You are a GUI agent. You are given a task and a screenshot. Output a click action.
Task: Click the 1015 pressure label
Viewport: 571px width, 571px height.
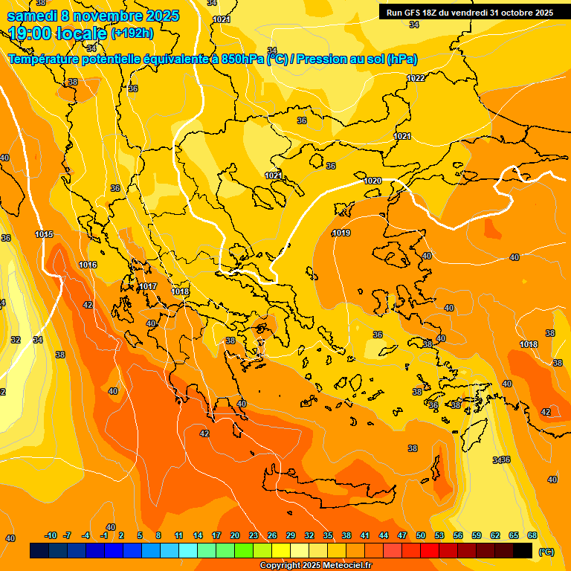[x=44, y=235]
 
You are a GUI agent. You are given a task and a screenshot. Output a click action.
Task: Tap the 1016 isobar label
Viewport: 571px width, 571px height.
[x=88, y=265]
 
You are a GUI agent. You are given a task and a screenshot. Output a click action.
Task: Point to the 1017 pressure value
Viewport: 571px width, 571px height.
[x=148, y=286]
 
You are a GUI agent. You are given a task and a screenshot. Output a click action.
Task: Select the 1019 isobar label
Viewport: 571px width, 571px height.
[x=341, y=233]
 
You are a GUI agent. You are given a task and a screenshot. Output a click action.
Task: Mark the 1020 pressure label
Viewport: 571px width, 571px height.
[x=372, y=181]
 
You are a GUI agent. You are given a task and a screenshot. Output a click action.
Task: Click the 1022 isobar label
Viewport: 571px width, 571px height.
[x=416, y=78]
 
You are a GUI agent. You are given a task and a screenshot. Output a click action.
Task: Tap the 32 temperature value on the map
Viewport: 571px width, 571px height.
[x=16, y=340]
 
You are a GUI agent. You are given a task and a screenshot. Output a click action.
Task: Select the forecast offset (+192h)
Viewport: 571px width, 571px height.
[x=132, y=33]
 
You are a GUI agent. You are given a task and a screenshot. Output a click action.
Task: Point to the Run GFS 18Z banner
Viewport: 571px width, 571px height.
[x=469, y=13]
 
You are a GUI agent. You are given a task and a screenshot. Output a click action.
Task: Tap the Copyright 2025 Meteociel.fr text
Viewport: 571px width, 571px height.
[x=315, y=566]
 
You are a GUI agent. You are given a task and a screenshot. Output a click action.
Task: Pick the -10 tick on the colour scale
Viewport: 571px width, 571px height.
[x=51, y=535]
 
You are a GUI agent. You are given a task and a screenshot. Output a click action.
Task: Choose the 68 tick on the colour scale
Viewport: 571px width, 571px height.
[x=532, y=535]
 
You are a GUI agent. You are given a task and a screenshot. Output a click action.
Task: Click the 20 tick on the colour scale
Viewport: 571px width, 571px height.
[x=235, y=535]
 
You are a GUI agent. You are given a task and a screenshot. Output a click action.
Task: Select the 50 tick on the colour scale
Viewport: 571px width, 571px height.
[x=421, y=535]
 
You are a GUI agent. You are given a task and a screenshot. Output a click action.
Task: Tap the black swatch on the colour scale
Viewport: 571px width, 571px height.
[x=523, y=550]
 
